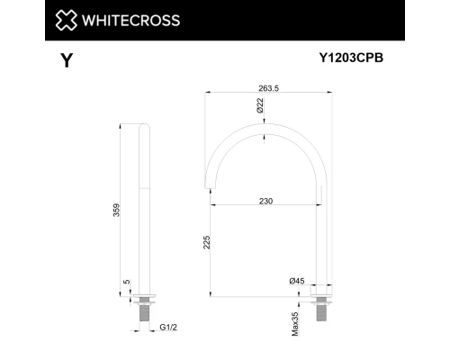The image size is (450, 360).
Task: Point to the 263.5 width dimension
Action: (263, 87)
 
